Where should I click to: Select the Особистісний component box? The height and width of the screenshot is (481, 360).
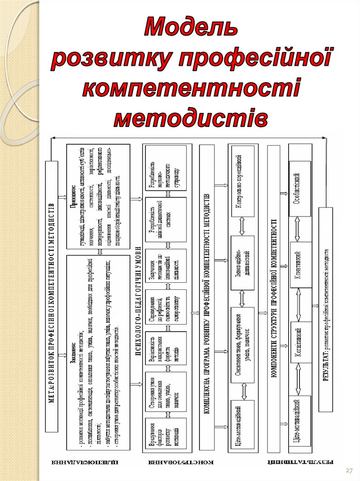[300, 188]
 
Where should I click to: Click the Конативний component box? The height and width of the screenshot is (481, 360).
[300, 264]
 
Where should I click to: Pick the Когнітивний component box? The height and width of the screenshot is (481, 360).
[300, 342]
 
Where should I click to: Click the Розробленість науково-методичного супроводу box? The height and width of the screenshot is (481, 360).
[166, 167]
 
